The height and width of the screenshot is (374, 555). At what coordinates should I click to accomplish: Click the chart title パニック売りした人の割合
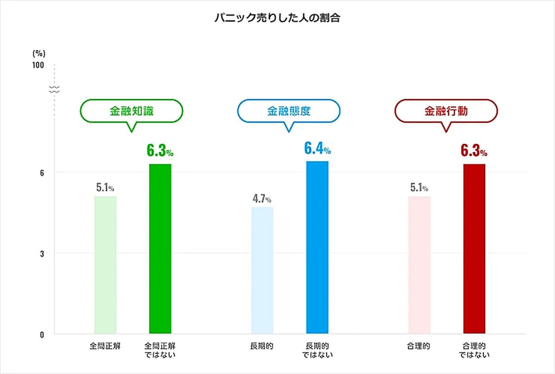[x=277, y=19]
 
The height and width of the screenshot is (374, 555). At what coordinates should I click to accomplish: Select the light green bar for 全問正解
[x=105, y=264]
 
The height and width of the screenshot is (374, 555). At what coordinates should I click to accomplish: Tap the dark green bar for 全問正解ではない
[x=160, y=248]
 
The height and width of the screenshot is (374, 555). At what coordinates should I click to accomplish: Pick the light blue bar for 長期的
[x=262, y=270]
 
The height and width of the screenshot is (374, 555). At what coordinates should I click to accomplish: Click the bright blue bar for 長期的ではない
[x=317, y=247]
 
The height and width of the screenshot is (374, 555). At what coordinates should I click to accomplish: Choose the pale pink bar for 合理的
[x=419, y=264]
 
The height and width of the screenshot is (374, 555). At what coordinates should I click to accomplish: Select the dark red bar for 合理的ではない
[x=474, y=248]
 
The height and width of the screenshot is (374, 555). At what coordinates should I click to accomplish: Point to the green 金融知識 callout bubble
[x=132, y=111]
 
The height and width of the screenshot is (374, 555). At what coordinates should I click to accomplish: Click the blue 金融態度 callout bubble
[x=289, y=111]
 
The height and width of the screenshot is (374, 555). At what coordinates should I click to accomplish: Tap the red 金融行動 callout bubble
[x=446, y=111]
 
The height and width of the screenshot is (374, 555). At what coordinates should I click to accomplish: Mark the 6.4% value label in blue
[x=317, y=149]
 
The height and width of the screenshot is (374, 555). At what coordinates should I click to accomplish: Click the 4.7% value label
[x=262, y=199]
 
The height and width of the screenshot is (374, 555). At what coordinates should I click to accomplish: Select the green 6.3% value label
[x=160, y=151]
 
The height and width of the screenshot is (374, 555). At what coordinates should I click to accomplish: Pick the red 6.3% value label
[x=474, y=151]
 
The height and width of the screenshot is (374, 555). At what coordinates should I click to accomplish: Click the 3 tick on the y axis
[x=41, y=253]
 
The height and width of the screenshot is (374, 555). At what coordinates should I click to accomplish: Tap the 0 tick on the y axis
[x=41, y=334]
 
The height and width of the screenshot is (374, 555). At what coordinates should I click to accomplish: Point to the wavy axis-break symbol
[x=55, y=89]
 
